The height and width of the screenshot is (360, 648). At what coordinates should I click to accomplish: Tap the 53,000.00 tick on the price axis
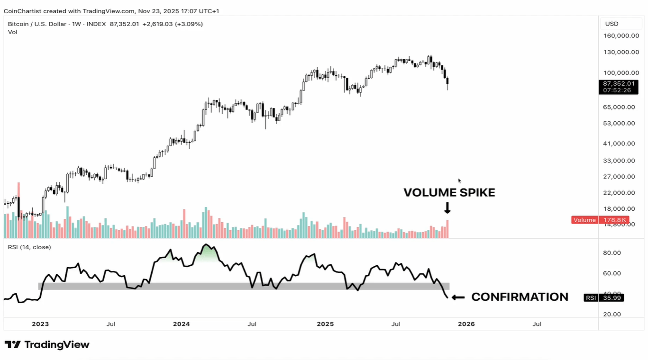619,123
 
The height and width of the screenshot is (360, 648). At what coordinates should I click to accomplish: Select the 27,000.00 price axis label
619,177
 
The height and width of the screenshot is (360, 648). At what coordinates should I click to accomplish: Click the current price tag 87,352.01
617,83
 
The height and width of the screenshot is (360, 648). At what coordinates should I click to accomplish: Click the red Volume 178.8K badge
600,220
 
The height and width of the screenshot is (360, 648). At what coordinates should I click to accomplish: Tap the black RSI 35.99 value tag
603,298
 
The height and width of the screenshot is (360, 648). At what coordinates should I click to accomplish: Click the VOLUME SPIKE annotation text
449,192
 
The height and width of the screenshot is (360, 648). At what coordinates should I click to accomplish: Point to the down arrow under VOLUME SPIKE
447,208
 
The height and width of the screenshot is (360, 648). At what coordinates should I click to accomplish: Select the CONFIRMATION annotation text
520,297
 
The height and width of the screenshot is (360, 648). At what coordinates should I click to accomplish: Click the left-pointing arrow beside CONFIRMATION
457,297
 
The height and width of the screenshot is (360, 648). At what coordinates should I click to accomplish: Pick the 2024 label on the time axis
181,324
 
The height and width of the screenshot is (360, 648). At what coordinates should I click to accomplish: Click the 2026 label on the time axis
466,324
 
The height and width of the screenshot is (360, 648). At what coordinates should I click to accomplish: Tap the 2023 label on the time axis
40,324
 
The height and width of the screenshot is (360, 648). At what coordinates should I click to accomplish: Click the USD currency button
611,24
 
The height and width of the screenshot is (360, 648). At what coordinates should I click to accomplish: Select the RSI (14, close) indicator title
29,247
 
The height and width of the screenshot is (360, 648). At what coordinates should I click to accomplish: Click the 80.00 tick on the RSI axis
611,253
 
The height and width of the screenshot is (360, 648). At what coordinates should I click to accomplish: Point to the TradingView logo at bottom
47,344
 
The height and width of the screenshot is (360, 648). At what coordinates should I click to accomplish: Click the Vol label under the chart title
12,32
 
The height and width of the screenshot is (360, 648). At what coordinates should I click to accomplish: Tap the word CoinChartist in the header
21,11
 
